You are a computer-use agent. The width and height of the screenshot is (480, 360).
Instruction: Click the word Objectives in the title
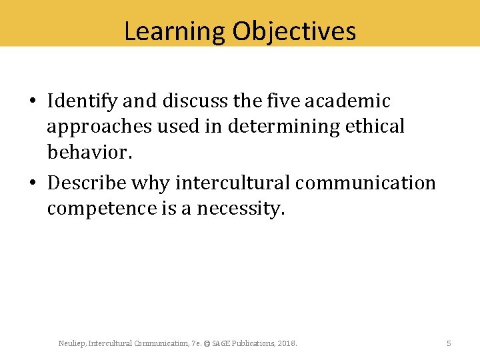[x=295, y=31]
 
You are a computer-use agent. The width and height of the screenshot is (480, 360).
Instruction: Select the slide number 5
[x=449, y=343]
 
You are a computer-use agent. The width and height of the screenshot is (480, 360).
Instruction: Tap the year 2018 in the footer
[x=287, y=343]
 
